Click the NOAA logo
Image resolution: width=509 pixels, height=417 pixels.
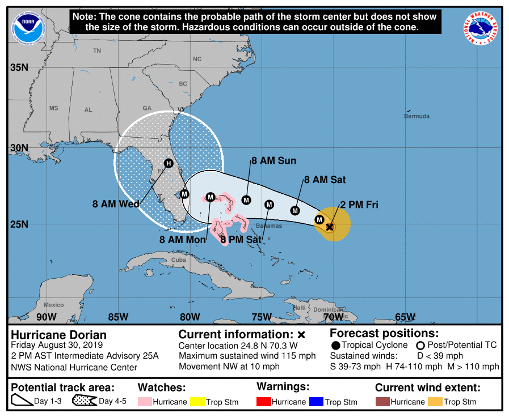point(26,25)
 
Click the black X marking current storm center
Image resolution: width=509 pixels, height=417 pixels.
point(330,227)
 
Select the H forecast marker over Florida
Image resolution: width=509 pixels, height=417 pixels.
point(168,163)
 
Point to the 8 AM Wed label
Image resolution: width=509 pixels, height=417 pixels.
point(116,205)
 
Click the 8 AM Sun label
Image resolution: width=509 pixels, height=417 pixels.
point(274,161)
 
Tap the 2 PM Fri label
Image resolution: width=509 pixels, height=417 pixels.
point(359,205)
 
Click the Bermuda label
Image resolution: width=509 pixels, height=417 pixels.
point(417,116)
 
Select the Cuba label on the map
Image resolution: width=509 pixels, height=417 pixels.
point(179,260)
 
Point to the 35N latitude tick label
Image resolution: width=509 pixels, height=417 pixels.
point(19,67)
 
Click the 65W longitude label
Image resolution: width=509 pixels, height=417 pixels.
point(405,316)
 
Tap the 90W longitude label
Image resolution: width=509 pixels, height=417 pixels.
point(46,316)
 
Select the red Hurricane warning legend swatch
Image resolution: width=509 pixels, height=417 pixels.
point(264,402)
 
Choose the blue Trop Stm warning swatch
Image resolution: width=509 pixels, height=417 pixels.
point(316,402)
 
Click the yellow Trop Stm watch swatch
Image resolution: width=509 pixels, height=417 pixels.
point(197,402)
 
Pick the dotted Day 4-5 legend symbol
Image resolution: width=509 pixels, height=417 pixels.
point(84,402)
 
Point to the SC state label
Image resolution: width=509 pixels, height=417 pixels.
point(183,83)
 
